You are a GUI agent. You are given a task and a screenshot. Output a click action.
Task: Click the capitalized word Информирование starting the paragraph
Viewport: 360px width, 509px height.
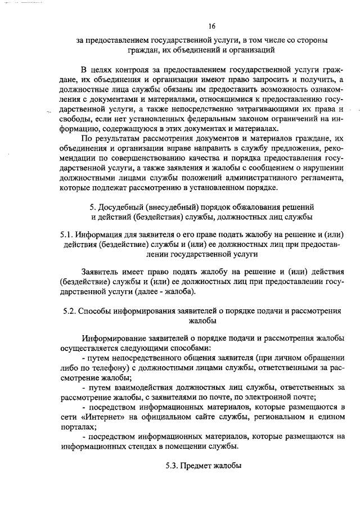[x=114, y=339]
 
